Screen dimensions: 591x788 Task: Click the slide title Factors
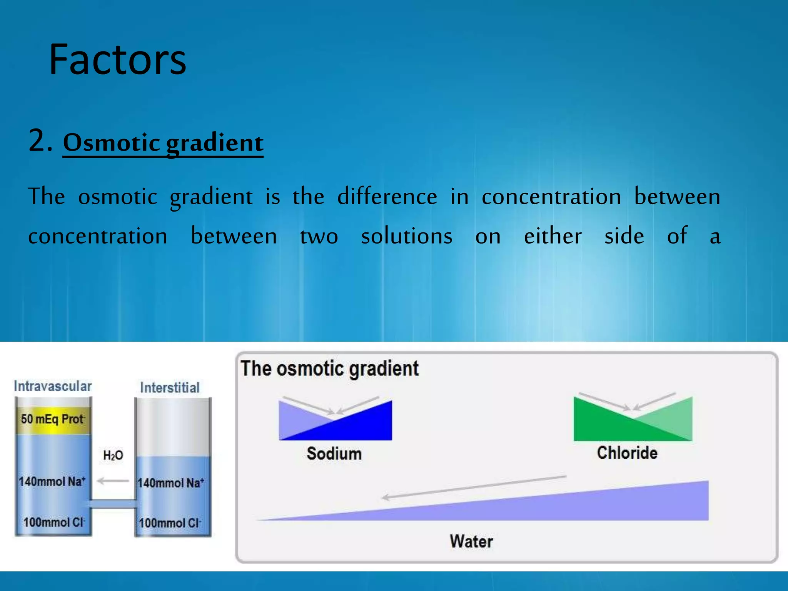tap(117, 60)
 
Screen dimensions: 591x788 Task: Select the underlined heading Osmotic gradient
tap(163, 143)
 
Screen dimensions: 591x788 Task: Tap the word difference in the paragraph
tap(387, 197)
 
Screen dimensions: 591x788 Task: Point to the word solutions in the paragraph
tap(406, 236)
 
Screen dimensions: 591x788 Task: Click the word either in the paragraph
tap(553, 236)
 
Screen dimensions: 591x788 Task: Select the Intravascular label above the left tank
tap(53, 386)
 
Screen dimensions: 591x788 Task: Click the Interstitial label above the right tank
tap(170, 387)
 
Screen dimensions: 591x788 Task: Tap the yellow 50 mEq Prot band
tap(53, 419)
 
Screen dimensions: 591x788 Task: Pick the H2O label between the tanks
tap(113, 456)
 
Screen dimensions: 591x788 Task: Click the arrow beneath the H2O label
tap(113, 481)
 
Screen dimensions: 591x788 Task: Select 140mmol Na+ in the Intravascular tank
tap(52, 481)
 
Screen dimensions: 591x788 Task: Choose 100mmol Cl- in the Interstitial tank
tap(170, 523)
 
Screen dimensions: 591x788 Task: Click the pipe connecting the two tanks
tap(113, 504)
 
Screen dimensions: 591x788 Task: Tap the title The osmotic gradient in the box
tap(329, 369)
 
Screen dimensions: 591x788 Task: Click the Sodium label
tap(334, 454)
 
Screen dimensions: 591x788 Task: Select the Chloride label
tap(627, 453)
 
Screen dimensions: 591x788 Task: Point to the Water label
tap(471, 541)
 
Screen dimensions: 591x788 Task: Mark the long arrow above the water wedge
tap(473, 487)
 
